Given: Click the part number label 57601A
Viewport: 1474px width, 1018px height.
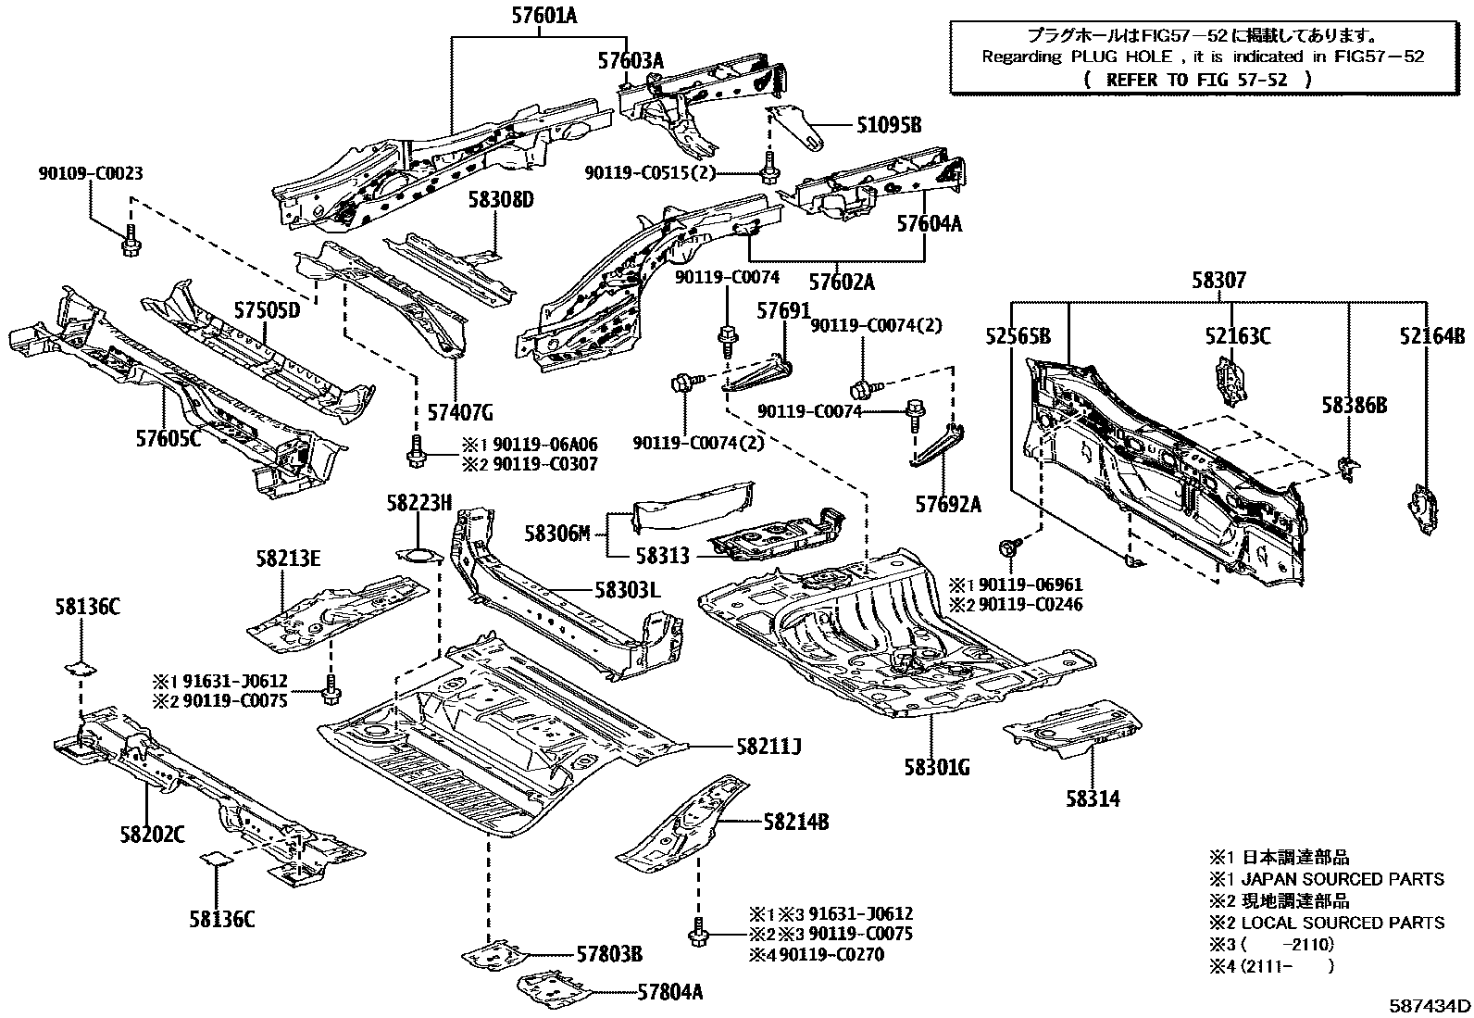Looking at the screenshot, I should coord(543,15).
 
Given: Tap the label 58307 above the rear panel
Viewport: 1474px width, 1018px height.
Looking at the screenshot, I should coord(1218,280).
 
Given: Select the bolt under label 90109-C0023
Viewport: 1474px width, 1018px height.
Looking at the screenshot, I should coord(129,239).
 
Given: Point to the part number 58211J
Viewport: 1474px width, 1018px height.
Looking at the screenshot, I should coord(768,746).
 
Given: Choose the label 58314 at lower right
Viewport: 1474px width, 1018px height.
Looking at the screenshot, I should coord(1093,798).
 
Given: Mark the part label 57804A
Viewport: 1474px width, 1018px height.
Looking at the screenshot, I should coord(669,992).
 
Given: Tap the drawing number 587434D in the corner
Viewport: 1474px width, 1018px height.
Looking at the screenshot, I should coord(1429,1004).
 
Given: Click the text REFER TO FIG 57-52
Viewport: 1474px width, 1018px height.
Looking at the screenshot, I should coord(1197,80).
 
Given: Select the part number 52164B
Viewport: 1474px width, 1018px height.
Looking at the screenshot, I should coord(1432,335).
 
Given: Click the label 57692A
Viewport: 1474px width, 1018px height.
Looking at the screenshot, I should coord(948,504).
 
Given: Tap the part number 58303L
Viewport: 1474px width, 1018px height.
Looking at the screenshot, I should coord(627,590).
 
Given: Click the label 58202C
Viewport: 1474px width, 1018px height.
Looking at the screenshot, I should coord(151,834).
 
